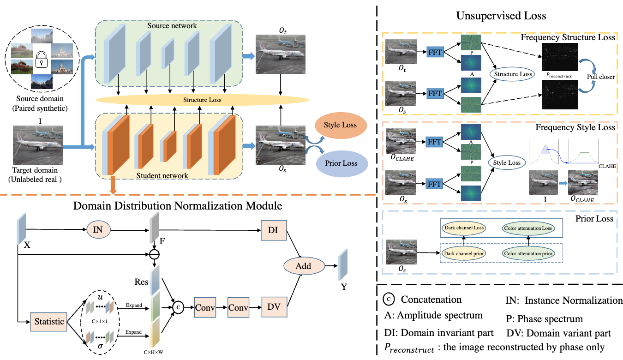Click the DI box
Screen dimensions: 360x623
coord(273,229)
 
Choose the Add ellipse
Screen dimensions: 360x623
coord(303,266)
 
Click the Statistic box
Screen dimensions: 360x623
coord(49,321)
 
